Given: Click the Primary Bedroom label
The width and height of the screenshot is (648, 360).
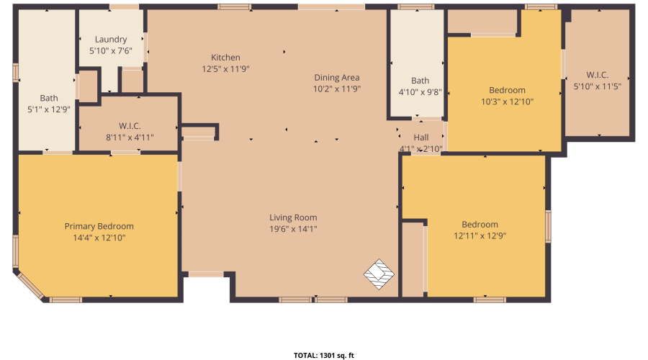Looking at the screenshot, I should pos(99,226).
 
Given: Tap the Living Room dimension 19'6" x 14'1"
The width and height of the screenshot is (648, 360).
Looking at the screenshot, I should pos(293,229).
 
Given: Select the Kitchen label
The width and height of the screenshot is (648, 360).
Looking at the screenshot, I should pos(225,58).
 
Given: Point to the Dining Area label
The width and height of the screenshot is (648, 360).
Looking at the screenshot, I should pos(336,78).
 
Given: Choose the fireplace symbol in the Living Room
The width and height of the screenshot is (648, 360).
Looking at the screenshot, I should pos(379,274).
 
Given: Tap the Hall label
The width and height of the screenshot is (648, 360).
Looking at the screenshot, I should pos(421,138).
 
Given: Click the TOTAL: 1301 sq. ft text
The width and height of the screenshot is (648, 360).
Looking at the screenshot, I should pos(323,355).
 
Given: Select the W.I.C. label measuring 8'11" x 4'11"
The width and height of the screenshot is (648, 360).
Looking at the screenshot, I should pos(130,126).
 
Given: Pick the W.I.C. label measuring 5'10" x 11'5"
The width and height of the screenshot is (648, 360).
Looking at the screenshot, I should pos(597,75).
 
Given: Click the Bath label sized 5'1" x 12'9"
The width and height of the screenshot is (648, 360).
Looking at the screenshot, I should pos(49,99).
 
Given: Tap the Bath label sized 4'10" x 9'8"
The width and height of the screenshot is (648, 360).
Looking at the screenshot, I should pos(420,81).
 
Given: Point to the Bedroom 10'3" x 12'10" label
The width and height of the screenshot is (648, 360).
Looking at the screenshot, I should pos(507,90).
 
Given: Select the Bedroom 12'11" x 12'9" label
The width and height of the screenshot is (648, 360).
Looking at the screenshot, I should pos(480,225).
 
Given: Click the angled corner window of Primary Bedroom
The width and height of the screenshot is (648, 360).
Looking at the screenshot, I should pos(30,285).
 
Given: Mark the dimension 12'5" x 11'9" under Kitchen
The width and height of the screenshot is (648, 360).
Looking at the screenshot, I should pos(225,69).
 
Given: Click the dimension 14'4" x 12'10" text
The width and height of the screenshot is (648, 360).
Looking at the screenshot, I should pos(99,238).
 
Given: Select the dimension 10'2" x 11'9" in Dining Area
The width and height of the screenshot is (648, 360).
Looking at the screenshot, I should pos(336,89).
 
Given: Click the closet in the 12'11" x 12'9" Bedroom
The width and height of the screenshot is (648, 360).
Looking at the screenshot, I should pos(413,259).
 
